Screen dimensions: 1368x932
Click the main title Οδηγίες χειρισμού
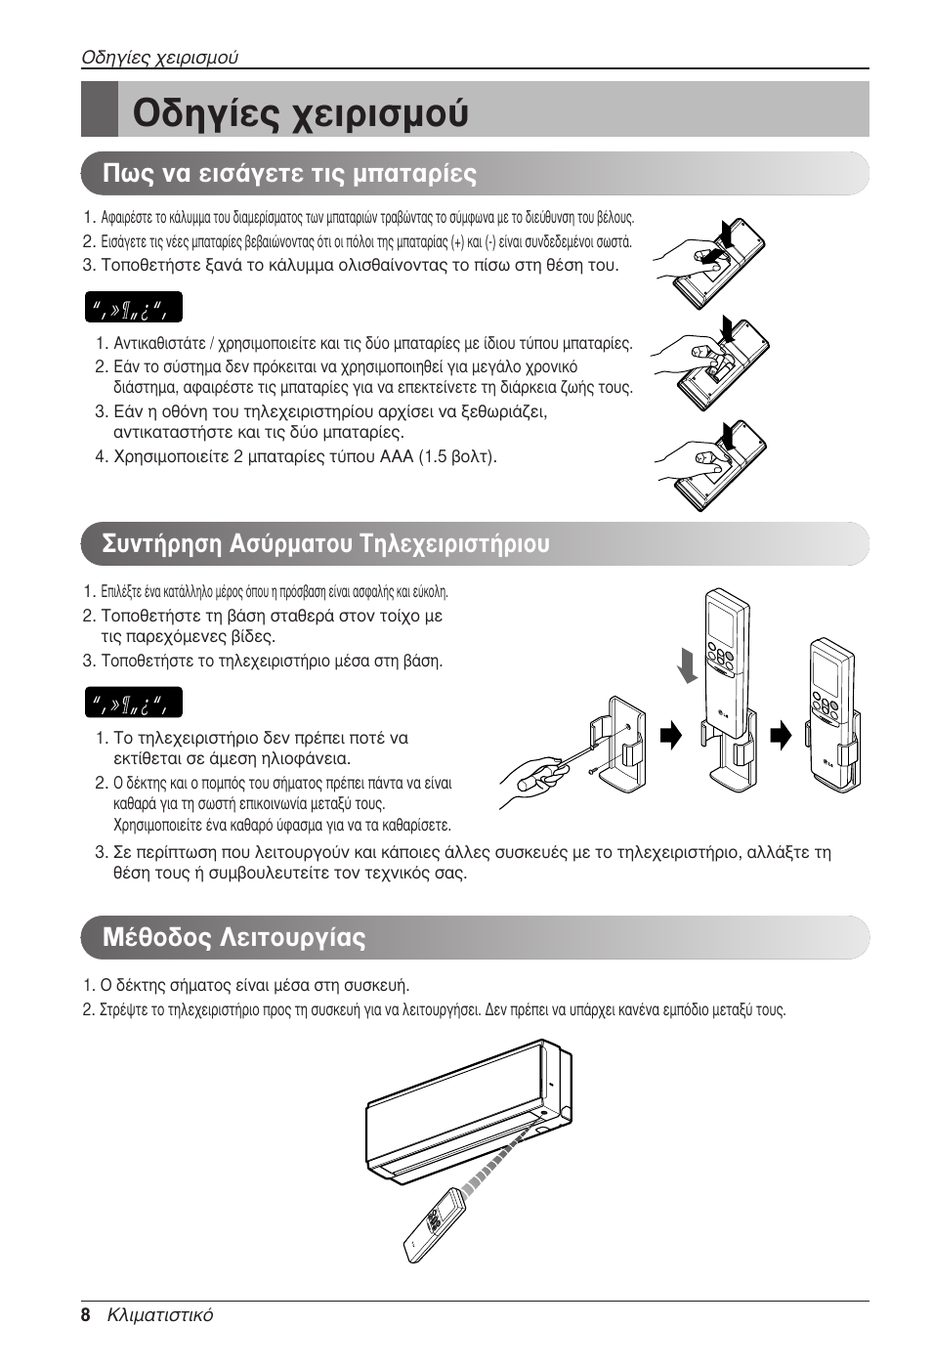tap(300, 112)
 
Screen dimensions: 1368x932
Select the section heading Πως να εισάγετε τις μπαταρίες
tap(290, 174)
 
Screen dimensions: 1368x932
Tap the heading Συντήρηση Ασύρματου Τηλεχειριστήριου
tap(325, 543)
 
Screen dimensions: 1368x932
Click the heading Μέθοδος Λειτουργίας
tap(234, 938)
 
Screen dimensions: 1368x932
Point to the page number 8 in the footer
tap(86, 1315)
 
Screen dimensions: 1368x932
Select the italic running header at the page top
tap(159, 57)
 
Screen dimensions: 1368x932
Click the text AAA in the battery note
tap(397, 456)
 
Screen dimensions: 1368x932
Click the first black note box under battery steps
tap(133, 309)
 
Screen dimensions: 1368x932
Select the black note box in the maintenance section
tap(133, 703)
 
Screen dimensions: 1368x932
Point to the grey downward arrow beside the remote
tap(690, 663)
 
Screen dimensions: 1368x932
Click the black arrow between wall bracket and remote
tap(670, 736)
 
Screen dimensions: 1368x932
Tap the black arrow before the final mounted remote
tap(781, 736)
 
